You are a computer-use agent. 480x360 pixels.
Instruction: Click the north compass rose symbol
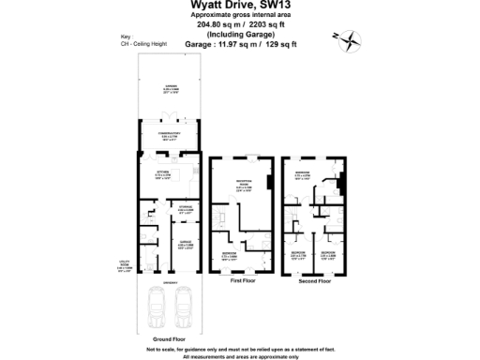349,38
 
